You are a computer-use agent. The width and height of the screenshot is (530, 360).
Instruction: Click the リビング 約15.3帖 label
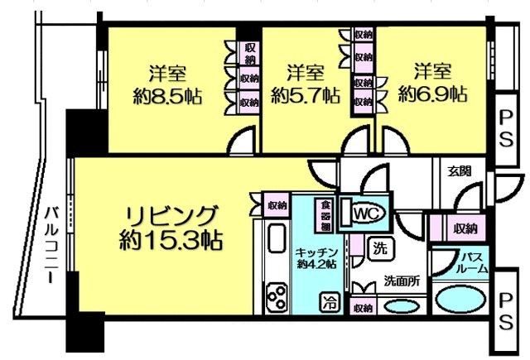click(x=172, y=227)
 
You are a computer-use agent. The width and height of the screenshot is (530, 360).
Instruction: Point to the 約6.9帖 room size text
click(x=431, y=93)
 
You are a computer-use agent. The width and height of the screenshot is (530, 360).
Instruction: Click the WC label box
click(x=365, y=214)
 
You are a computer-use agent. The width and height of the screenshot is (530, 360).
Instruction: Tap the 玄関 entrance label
click(x=460, y=172)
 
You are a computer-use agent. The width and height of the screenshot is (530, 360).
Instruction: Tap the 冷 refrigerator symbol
click(x=330, y=302)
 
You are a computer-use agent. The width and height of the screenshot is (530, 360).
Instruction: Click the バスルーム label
click(x=474, y=262)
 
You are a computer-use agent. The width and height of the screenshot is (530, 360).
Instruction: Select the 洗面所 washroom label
click(x=400, y=281)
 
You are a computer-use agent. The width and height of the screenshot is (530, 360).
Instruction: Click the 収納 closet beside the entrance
click(x=465, y=228)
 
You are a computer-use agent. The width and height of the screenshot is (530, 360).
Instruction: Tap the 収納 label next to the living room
click(x=277, y=204)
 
